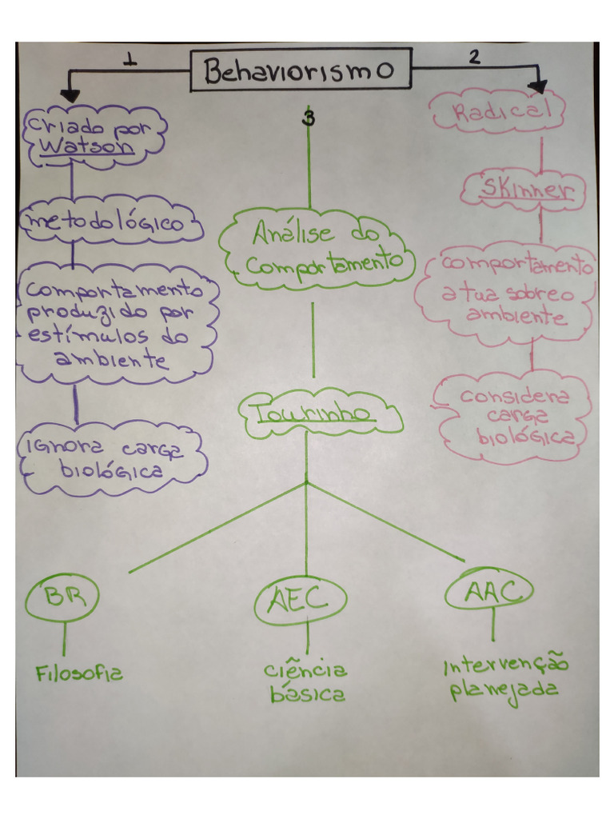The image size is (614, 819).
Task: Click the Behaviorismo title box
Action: pyautogui.click(x=301, y=70)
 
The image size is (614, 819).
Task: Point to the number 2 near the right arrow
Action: pyautogui.click(x=475, y=57)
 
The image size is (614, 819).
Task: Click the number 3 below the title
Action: pyautogui.click(x=309, y=119)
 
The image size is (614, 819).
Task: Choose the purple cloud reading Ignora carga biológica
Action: pyautogui.click(x=112, y=457)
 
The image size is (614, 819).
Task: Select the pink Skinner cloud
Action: pyautogui.click(x=525, y=190)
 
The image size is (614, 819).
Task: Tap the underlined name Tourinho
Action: pyautogui.click(x=313, y=413)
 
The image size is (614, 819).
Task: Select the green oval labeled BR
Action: pyautogui.click(x=61, y=597)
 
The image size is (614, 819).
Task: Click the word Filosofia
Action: pyautogui.click(x=79, y=673)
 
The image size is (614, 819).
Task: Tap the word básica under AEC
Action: pyautogui.click(x=308, y=694)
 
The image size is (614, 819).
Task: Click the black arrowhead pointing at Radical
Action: pyautogui.click(x=536, y=86)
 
